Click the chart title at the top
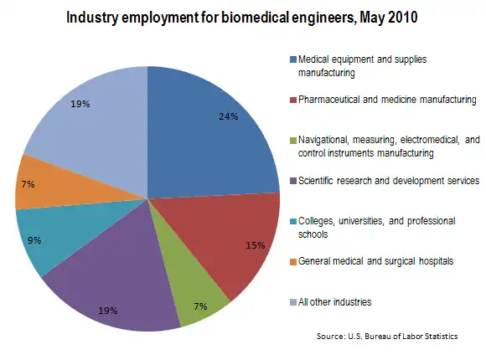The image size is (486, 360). coord(242,18)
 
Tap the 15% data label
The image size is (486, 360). coord(256,245)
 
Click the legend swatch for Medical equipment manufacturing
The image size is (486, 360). coord(292,59)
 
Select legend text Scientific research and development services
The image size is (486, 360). coord(388,180)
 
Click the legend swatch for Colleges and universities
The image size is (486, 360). coord(292,220)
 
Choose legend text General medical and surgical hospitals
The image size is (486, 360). coord(375,260)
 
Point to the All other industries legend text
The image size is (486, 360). coord(334,301)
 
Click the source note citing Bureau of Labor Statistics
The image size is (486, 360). coord(386,336)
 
